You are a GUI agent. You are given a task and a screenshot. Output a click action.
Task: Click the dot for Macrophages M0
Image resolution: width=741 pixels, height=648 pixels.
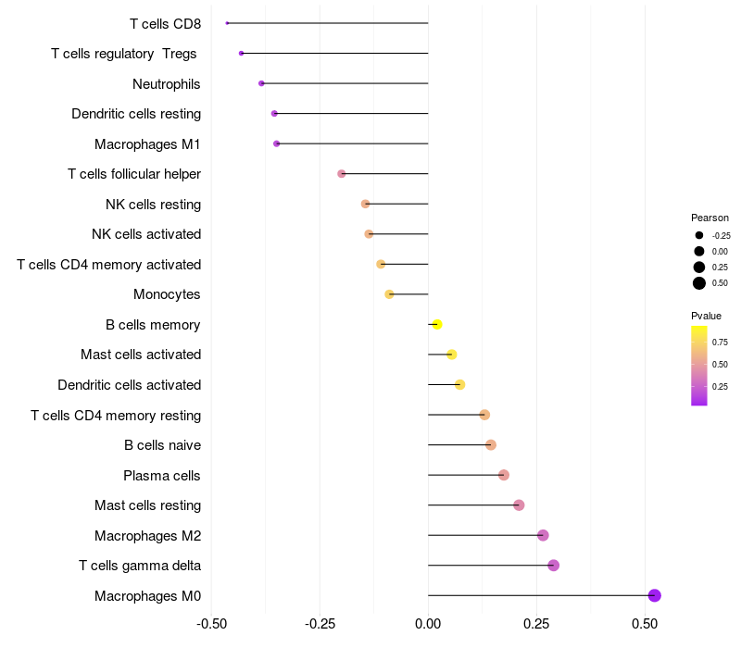654,595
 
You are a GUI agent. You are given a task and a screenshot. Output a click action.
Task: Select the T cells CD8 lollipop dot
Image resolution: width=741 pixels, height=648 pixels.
227,23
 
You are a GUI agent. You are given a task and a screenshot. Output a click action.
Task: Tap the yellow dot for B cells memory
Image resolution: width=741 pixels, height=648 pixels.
437,325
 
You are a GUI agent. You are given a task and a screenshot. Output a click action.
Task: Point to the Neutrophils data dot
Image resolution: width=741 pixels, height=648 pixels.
261,83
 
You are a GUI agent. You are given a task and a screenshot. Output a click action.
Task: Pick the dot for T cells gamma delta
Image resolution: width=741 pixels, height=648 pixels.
553,566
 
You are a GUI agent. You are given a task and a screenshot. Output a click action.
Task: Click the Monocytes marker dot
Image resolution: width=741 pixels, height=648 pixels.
390,294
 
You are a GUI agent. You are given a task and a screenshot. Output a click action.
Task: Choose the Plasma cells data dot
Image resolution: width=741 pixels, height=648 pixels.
504,475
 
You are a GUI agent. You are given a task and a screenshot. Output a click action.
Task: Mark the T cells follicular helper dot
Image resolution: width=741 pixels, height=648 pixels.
342,174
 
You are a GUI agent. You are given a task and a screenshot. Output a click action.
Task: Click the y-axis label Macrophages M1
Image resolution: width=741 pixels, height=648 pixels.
147,144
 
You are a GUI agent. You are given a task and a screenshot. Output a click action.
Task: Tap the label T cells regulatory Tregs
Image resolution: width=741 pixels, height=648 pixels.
124,54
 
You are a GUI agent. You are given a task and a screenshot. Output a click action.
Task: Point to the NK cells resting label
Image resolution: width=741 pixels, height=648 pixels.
153,205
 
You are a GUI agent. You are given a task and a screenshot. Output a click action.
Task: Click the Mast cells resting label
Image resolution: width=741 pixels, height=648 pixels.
147,505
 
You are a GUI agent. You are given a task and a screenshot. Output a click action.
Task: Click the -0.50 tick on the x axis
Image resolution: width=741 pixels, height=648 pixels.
212,623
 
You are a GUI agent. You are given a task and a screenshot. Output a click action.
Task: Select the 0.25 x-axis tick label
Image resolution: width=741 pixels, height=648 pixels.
536,623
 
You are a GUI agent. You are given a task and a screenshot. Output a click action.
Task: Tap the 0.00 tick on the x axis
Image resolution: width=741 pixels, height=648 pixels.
428,623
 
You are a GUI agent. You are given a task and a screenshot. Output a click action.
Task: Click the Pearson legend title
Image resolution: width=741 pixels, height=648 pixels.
710,218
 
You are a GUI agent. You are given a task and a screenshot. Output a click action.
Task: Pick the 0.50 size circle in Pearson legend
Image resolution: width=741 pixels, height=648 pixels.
699,283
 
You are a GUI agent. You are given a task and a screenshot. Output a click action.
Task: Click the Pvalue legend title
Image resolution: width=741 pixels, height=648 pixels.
706,316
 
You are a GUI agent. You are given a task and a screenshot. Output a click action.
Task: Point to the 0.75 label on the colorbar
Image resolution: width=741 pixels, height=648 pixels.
720,343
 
